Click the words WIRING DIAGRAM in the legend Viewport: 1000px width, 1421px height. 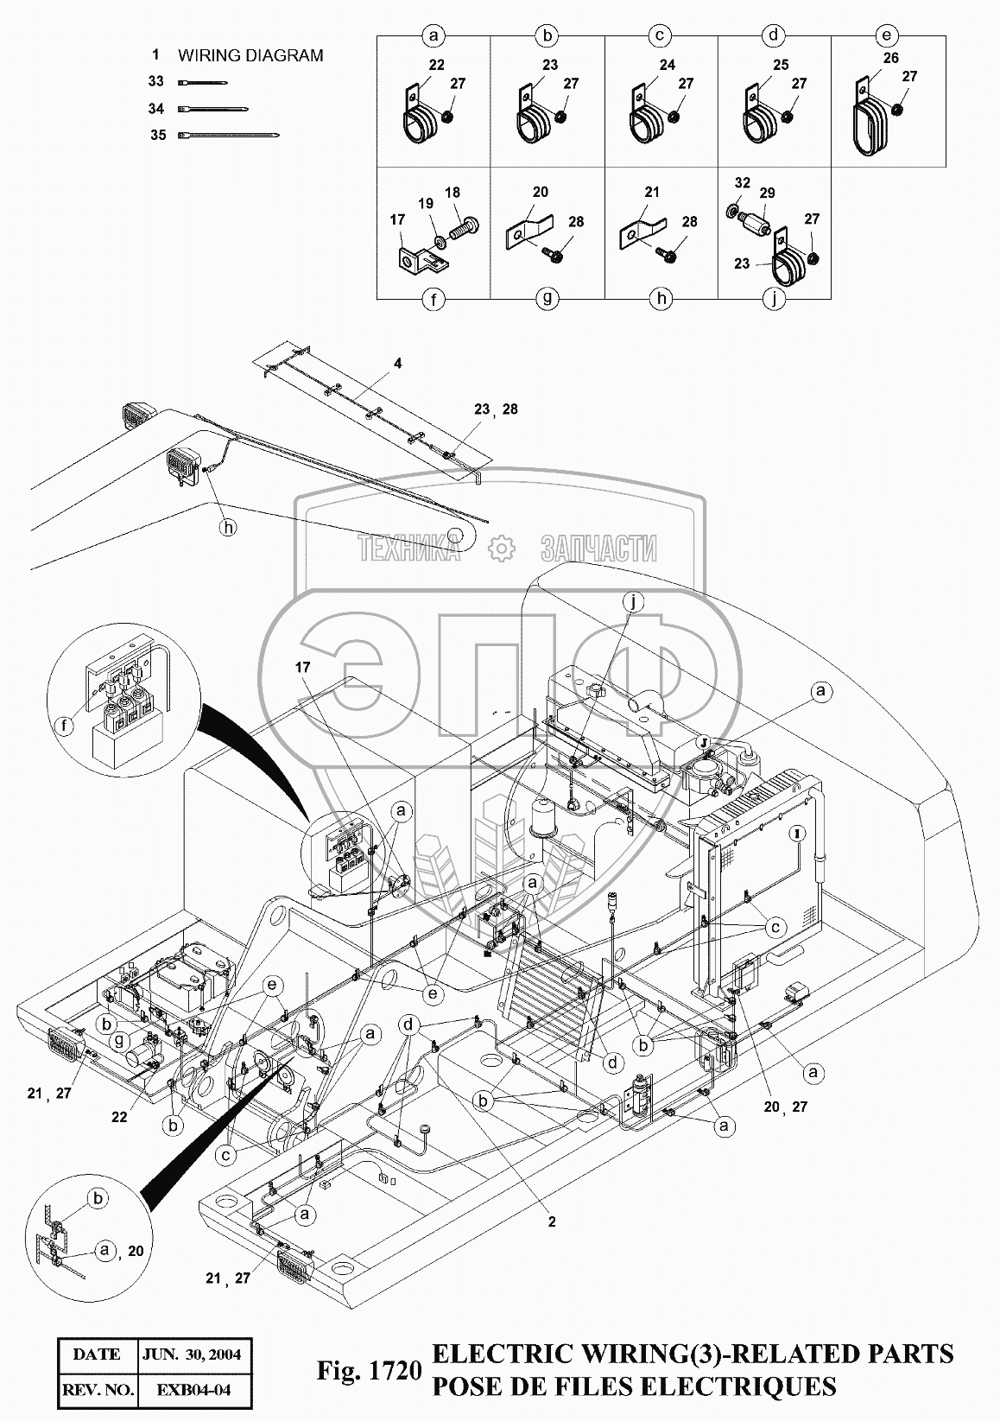tap(250, 56)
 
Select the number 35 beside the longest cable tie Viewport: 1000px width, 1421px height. tap(158, 135)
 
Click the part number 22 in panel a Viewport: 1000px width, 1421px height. tap(436, 65)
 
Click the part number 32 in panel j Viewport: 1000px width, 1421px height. tap(743, 183)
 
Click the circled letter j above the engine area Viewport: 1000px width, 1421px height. tap(632, 602)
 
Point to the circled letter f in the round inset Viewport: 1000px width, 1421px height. tap(65, 725)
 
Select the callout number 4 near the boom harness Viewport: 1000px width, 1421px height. tap(397, 364)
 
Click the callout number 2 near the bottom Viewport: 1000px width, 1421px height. tap(552, 1221)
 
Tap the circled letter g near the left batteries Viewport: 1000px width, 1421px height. tap(119, 1041)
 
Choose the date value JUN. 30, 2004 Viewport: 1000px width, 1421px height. tap(192, 1354)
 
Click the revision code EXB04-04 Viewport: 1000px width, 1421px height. tap(193, 1390)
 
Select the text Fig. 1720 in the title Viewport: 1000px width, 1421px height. tap(369, 1371)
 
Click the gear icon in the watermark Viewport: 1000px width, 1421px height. tap(502, 548)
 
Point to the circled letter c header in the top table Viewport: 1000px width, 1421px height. tap(660, 36)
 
